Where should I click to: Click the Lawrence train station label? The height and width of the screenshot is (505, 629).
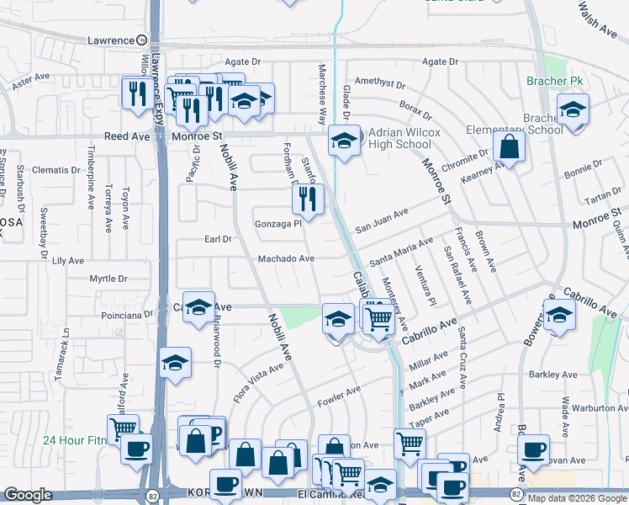[x=112, y=40]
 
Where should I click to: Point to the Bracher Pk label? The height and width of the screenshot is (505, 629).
[x=554, y=82]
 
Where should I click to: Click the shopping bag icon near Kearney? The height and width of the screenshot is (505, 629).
[x=509, y=146]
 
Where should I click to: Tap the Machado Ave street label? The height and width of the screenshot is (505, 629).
[x=286, y=258]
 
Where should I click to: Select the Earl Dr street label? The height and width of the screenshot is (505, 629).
[x=218, y=239]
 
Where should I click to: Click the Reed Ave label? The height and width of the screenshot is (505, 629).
[x=127, y=136]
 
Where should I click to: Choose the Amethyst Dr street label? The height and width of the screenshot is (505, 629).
[x=379, y=84]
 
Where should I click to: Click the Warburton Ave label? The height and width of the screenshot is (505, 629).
[x=596, y=409]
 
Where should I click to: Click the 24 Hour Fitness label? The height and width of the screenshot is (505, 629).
[x=76, y=439]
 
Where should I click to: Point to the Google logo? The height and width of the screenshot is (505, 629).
[x=28, y=495]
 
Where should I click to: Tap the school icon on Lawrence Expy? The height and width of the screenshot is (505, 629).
[x=176, y=364]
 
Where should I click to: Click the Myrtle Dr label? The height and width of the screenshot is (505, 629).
[x=108, y=279]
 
